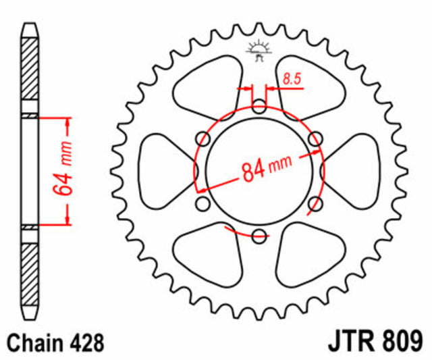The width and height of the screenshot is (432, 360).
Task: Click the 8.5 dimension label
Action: [292, 79]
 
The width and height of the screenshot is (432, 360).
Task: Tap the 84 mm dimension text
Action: [267, 169]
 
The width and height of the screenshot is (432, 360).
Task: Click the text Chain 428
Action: [55, 342]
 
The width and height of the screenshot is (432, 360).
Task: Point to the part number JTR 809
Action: [375, 342]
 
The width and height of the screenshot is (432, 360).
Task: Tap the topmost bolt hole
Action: [259, 106]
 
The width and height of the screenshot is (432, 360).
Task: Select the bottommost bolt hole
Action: [259, 236]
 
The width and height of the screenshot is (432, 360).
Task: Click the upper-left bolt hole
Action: [203, 138]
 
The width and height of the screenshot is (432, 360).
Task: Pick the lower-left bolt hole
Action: [203, 204]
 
